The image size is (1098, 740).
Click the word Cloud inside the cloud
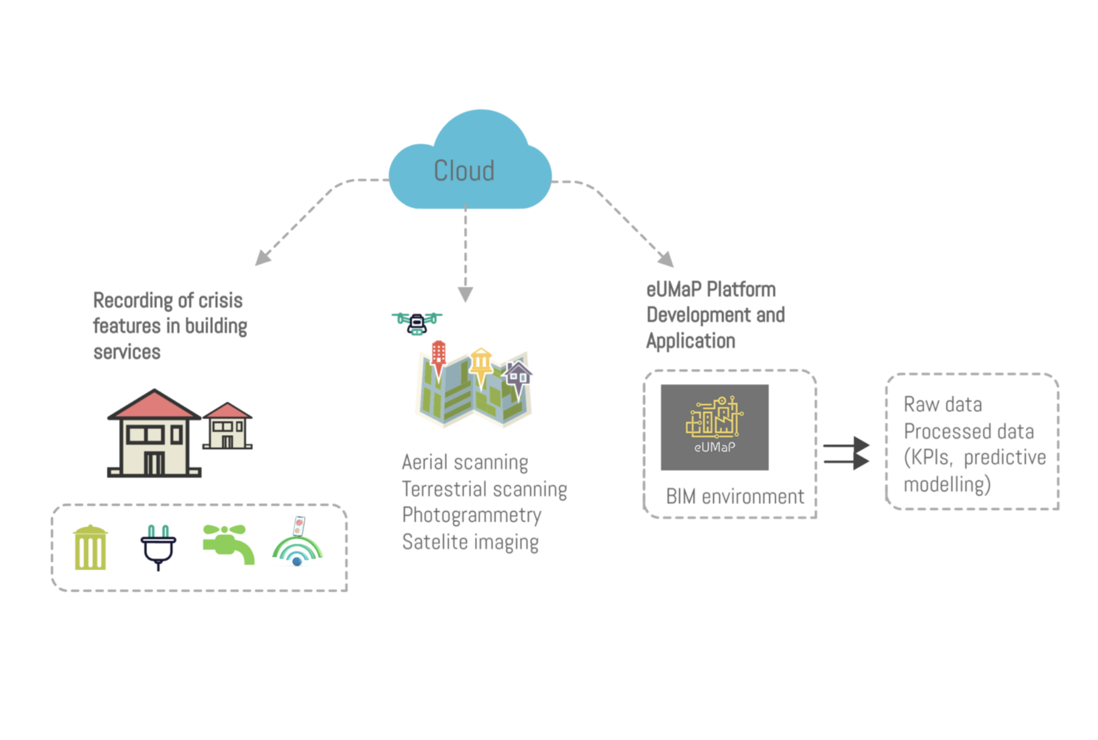click(464, 171)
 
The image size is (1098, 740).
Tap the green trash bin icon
click(90, 548)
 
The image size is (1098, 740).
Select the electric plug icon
click(159, 547)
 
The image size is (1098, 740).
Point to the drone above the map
click(417, 322)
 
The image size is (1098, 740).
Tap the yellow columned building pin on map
click(481, 364)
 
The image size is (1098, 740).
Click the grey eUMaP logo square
click(714, 427)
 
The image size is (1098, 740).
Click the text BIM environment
click(734, 497)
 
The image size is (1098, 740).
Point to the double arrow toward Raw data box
click(846, 453)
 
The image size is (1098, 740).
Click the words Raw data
click(942, 404)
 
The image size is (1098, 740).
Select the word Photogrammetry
click(471, 515)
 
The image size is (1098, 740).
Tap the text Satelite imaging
click(470, 542)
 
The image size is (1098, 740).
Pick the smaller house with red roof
click(227, 427)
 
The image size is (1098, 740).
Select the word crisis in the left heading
click(220, 300)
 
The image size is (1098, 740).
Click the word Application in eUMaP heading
click(690, 341)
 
